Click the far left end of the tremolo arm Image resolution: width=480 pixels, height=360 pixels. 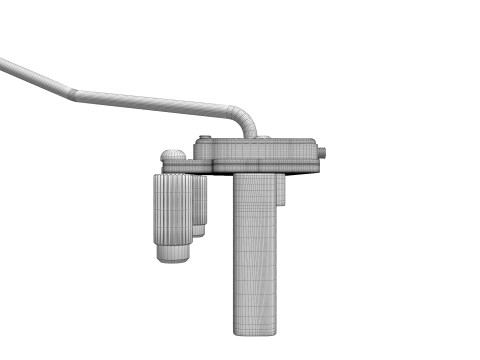pos(4,63)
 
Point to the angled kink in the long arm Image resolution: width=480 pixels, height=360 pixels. pos(72,95)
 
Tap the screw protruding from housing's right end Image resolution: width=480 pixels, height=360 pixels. pos(324,154)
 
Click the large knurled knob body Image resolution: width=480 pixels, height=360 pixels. pos(172,210)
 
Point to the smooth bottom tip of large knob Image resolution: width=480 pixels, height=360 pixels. pos(173,254)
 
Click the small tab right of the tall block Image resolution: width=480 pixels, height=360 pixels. pos(283,191)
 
